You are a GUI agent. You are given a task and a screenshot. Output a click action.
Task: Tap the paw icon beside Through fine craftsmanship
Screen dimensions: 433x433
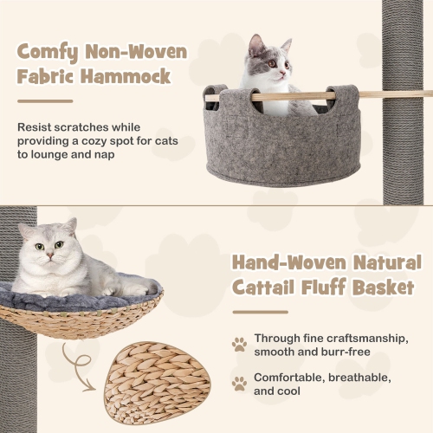pyautogui.click(x=239, y=345)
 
